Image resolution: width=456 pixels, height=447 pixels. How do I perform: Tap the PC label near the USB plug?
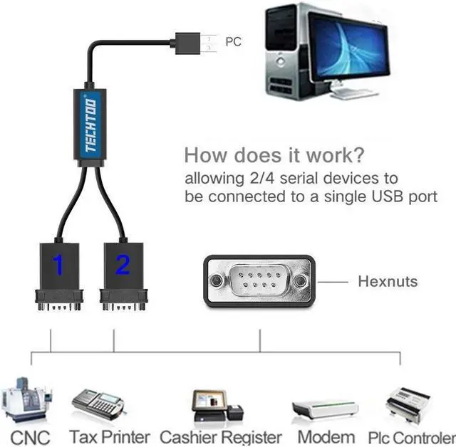coord(233,42)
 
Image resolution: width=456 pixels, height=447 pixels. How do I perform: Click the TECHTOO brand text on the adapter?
coord(90,125)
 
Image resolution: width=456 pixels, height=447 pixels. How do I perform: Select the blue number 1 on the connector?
coord(58,266)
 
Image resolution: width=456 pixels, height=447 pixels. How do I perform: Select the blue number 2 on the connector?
coord(123,266)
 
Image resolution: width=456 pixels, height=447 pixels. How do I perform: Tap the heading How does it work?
coord(274,154)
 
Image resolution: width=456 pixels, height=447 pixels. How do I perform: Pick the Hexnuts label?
coord(387,281)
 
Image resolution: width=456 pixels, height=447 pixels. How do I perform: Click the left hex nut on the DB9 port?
coord(216,281)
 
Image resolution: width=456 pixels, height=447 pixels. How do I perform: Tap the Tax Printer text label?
coord(109,436)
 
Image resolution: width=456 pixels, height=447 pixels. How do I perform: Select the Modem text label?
coord(326,436)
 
